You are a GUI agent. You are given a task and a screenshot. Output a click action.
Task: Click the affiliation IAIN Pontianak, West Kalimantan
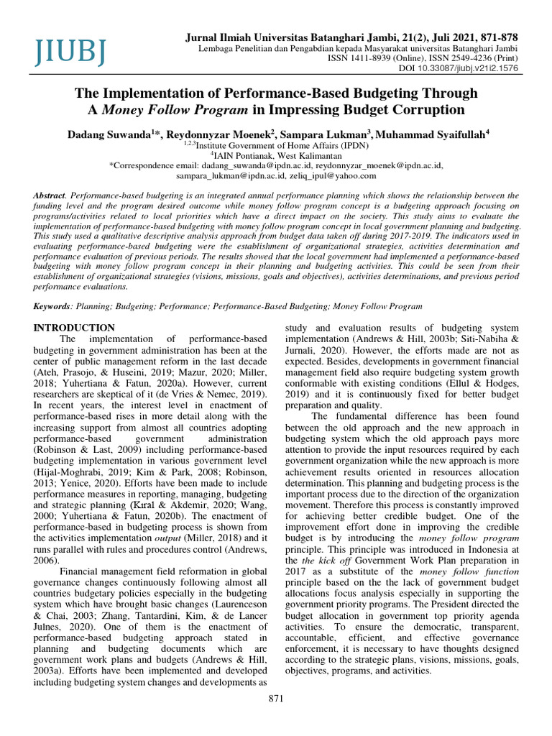[x=277, y=155]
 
